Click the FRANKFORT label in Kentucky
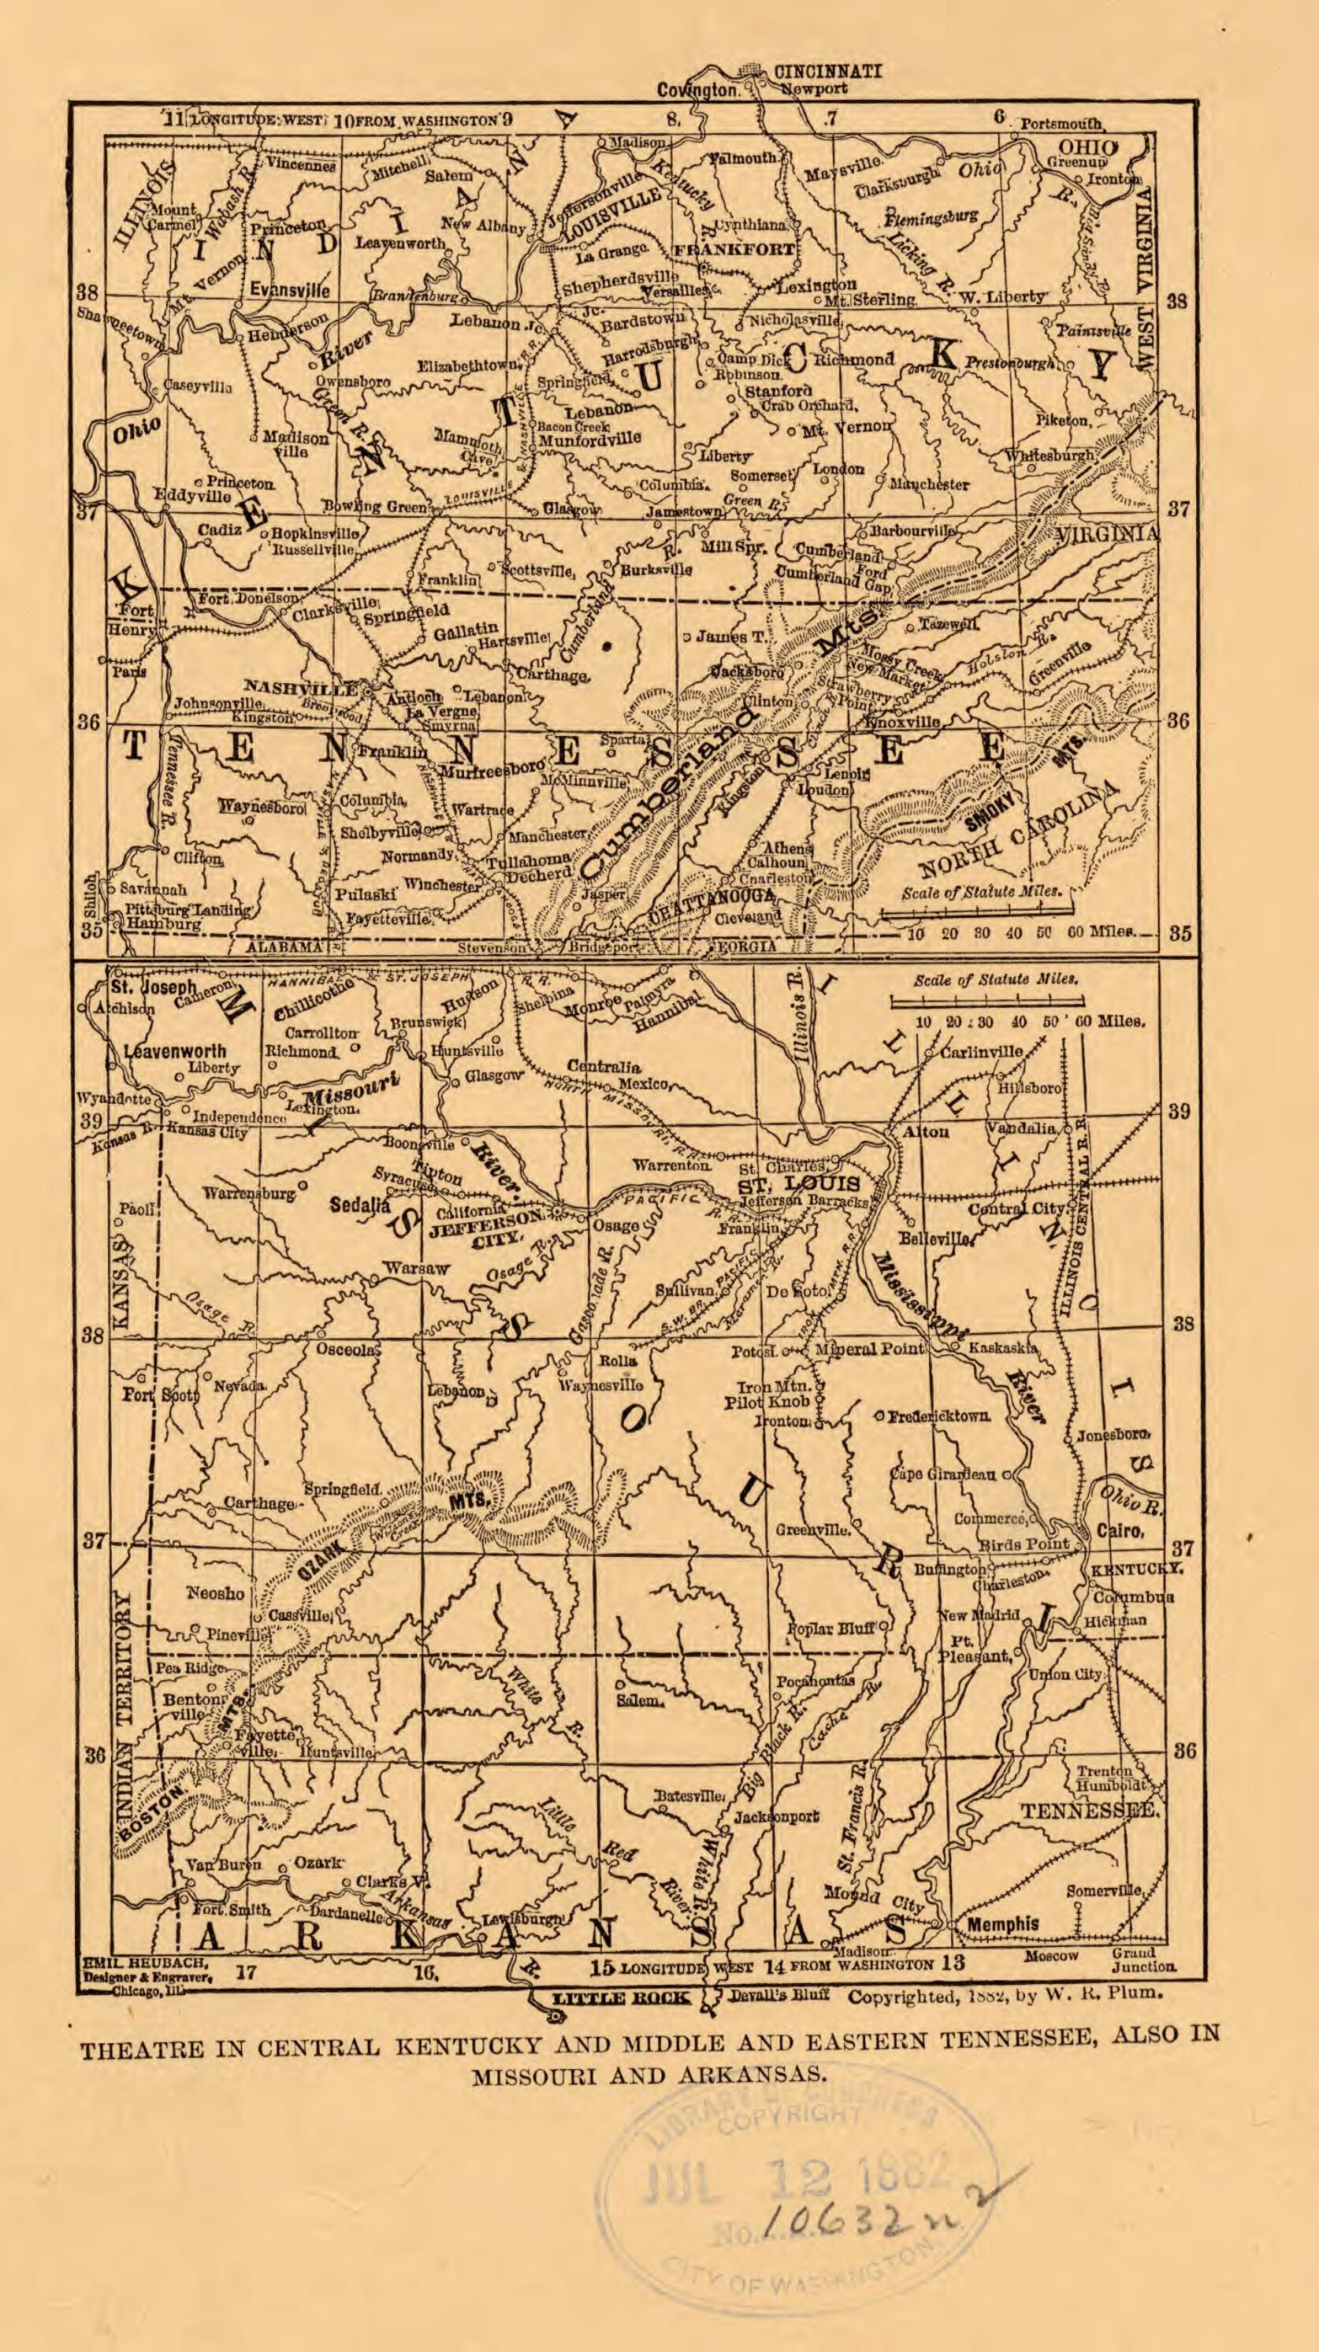click(736, 249)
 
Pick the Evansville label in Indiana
click(290, 290)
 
